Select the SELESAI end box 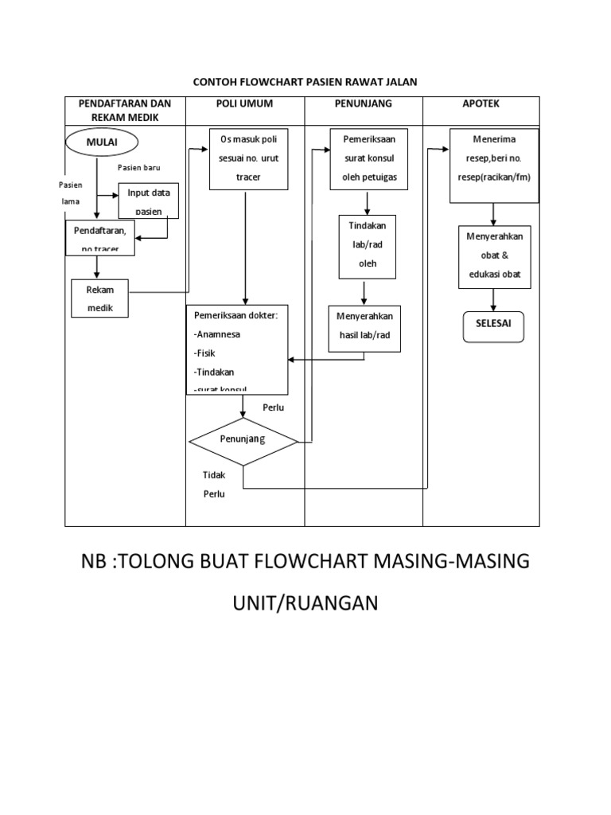[493, 325]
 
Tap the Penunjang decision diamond [243, 439]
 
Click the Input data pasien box [148, 201]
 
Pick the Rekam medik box [100, 298]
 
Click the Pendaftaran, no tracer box [100, 238]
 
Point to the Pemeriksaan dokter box [237, 349]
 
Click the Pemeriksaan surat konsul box [364, 158]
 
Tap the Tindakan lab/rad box [368, 246]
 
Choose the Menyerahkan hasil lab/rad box [366, 328]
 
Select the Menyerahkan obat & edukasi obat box [493, 254]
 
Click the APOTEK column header [481, 104]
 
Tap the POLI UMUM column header [245, 104]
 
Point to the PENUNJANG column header [364, 104]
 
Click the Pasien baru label [139, 168]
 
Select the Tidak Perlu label [213, 484]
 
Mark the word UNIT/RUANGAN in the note [305, 605]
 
